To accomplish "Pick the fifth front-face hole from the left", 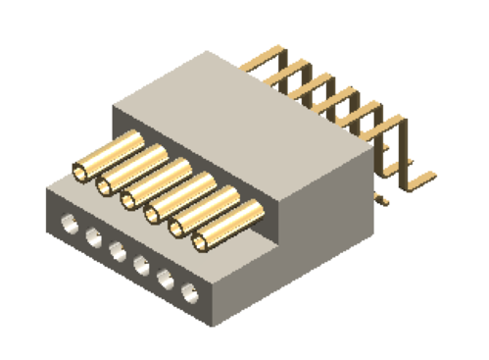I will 166,277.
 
